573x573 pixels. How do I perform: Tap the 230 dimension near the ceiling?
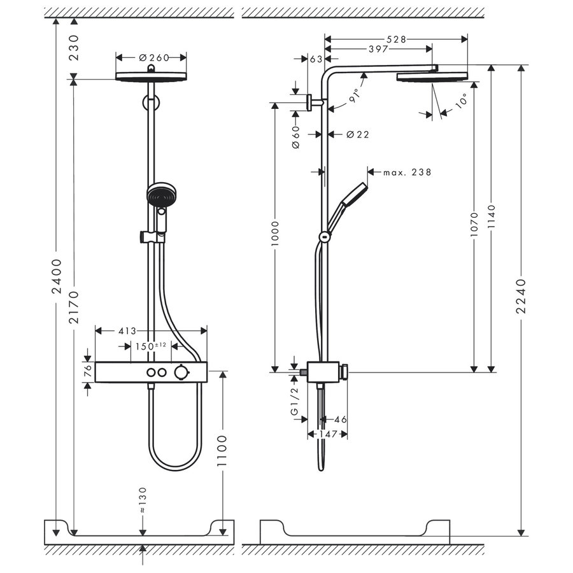click(74, 48)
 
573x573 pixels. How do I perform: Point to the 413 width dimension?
click(128, 330)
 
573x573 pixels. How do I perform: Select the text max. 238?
click(407, 172)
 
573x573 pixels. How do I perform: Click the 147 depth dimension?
click(327, 434)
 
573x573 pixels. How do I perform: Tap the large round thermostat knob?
click(183, 372)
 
